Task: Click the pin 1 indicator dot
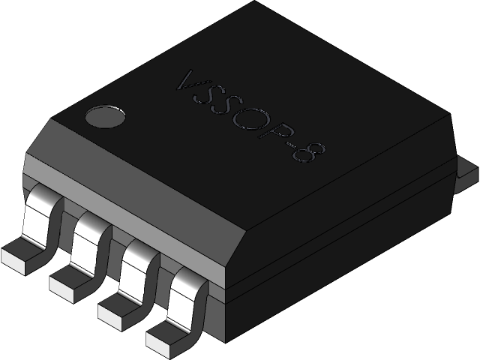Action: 106,116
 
